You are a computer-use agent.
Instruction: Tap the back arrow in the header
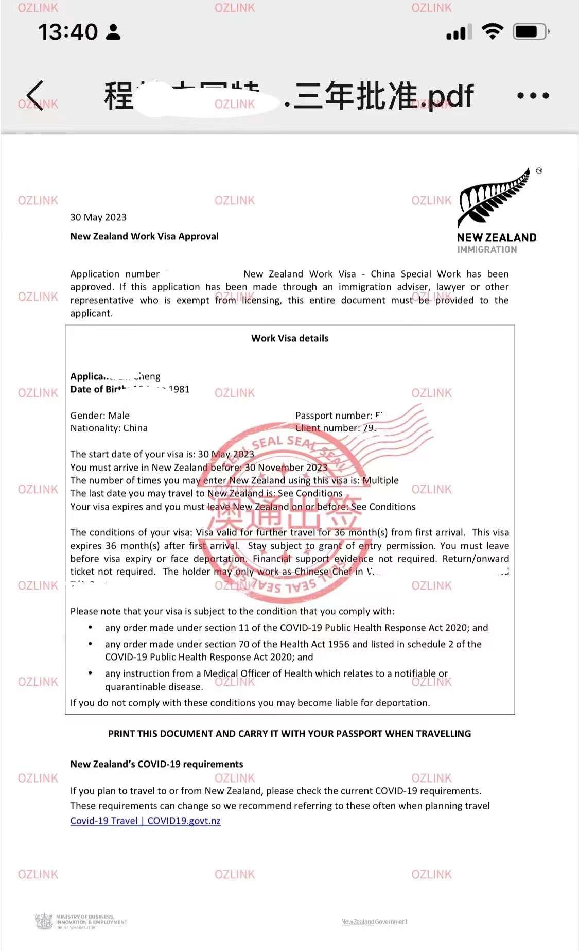coord(35,95)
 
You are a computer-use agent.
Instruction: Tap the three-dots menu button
coord(533,96)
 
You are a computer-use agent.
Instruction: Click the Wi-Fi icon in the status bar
coord(493,31)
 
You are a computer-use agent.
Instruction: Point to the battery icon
coord(531,32)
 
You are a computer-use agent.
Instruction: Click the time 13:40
coord(67,32)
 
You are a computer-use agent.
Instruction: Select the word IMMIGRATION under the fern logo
coord(487,250)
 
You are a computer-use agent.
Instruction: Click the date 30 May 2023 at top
coord(98,217)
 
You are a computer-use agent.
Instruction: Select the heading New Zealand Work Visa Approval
coord(145,236)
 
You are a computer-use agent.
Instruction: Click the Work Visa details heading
coord(289,338)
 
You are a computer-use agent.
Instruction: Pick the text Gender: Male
coord(100,416)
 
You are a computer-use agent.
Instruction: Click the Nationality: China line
coord(109,428)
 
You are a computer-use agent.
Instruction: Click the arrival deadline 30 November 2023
coord(286,468)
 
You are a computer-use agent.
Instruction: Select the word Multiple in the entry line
coord(380,480)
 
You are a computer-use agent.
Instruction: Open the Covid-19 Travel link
coord(145,821)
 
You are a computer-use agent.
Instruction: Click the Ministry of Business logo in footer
coord(81,921)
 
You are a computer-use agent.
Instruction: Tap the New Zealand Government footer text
coord(374,922)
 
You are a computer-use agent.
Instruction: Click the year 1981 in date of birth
coord(179,389)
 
